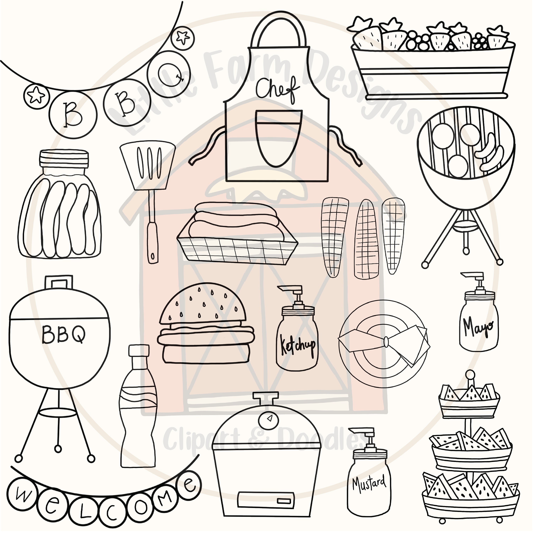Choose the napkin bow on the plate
(x=386, y=342)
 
